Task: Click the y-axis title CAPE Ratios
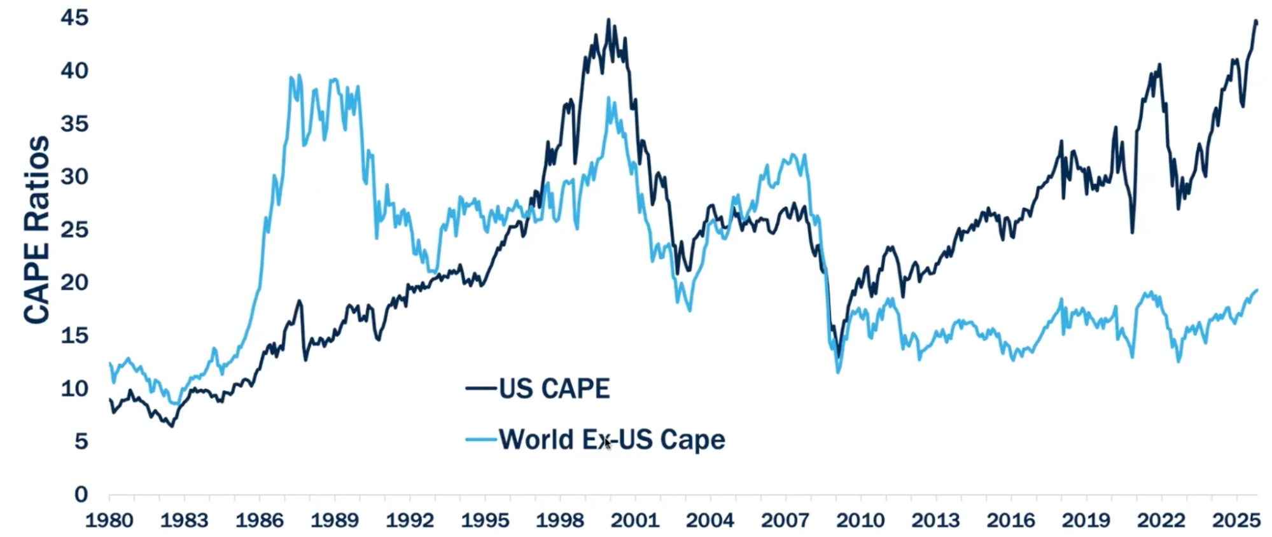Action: click(37, 230)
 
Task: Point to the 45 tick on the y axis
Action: click(74, 18)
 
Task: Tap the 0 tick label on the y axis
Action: click(81, 494)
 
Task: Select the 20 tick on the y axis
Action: click(74, 282)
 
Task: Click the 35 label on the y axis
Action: click(74, 123)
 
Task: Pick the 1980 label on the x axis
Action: click(109, 520)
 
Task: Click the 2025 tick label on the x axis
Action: click(1236, 520)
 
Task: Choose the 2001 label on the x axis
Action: click(635, 520)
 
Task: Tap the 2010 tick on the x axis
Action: click(860, 520)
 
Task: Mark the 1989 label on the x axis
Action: click(335, 520)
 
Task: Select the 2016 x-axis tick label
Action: click(1010, 520)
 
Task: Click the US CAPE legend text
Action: click(554, 388)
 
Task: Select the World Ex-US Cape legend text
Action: click(612, 440)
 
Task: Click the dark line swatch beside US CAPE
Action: click(480, 387)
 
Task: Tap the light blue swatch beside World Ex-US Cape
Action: click(480, 439)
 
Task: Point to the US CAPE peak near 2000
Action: click(608, 20)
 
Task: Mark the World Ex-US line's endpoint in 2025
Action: click(1257, 290)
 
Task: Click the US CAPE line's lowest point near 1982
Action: click(172, 426)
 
